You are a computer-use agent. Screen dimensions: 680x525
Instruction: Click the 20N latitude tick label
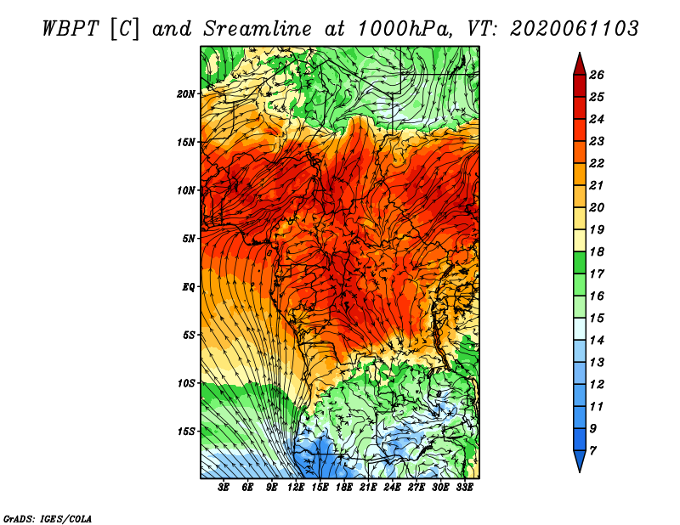click(x=185, y=94)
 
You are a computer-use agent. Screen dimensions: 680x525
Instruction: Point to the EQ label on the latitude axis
click(x=188, y=287)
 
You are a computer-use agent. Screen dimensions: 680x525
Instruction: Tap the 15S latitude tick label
click(x=185, y=432)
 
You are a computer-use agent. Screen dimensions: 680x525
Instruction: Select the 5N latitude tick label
click(x=189, y=239)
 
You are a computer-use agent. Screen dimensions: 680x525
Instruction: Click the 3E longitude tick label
click(x=224, y=488)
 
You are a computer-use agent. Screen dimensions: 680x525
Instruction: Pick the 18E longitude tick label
click(x=344, y=488)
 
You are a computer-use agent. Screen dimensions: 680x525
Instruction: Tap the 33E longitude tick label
click(x=464, y=488)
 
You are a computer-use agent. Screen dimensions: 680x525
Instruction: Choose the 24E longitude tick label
click(x=392, y=488)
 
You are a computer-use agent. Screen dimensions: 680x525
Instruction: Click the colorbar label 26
click(x=597, y=75)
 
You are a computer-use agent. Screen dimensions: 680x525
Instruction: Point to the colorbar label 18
click(x=597, y=251)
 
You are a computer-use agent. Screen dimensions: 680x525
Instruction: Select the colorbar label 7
click(x=592, y=451)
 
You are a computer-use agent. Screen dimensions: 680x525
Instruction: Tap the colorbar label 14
click(x=597, y=341)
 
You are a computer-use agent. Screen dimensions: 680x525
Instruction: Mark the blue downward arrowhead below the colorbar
click(x=580, y=460)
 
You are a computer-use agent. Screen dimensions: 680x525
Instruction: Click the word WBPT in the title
click(x=71, y=29)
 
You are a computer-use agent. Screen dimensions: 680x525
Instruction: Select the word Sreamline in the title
click(x=258, y=29)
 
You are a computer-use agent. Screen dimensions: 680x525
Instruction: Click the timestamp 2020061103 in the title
click(x=575, y=29)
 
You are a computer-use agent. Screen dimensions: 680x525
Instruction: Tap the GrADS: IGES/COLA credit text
click(x=48, y=519)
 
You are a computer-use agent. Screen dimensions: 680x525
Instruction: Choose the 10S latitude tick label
click(x=185, y=383)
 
